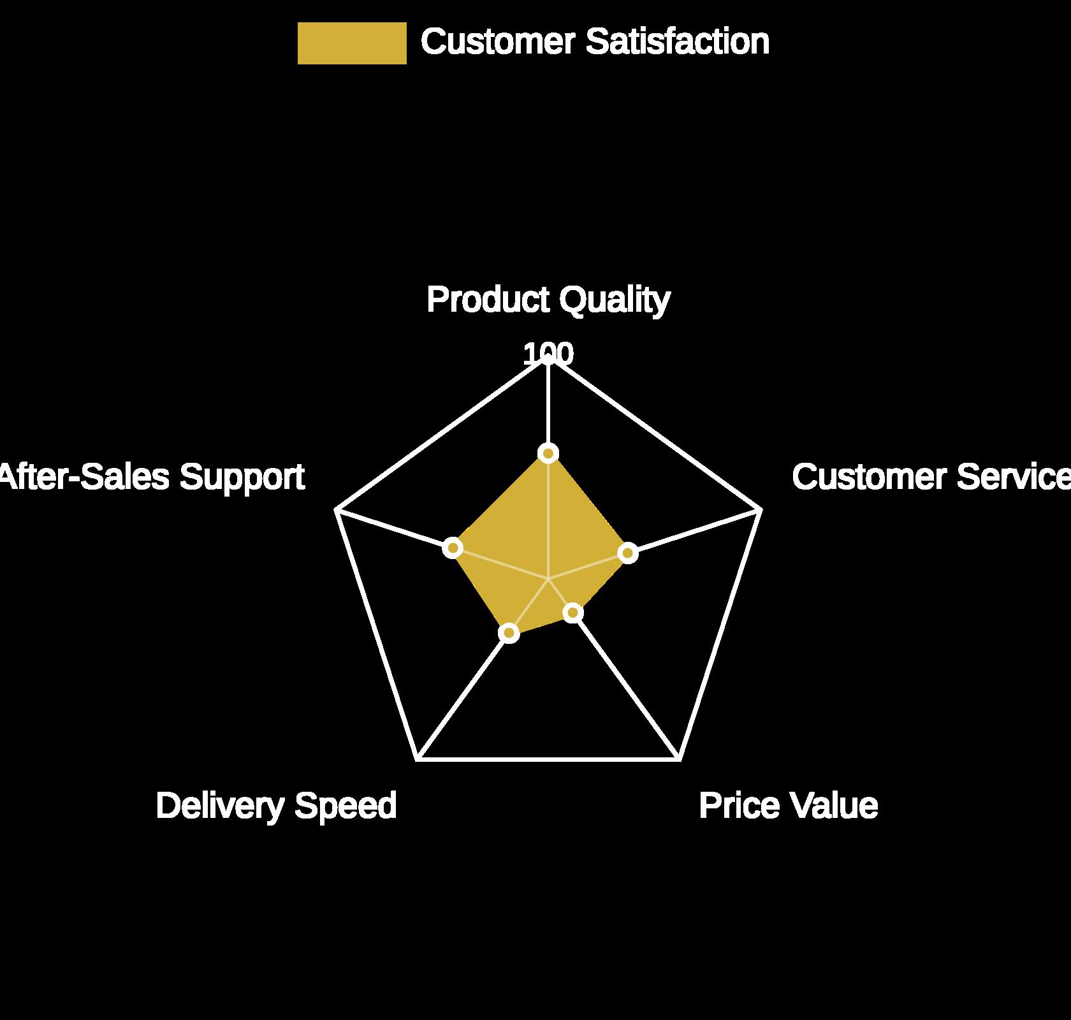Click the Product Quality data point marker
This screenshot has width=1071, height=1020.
click(x=548, y=453)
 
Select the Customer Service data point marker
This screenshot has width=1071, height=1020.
click(x=628, y=553)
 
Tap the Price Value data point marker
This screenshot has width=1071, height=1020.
click(x=573, y=613)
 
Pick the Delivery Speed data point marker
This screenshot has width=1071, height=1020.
click(x=509, y=632)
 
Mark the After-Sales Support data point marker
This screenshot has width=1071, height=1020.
click(x=453, y=548)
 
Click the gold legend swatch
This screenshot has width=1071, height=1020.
click(x=352, y=43)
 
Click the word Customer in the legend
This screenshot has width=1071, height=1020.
click(x=498, y=42)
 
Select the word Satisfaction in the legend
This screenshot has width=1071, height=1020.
click(x=677, y=42)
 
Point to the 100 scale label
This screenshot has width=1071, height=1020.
click(x=548, y=354)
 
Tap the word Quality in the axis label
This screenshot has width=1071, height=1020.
click(x=615, y=301)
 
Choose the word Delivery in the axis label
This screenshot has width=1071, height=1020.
click(x=220, y=806)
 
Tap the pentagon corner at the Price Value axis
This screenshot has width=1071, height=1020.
click(x=680, y=759)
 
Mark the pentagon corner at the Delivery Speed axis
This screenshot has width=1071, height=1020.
click(x=417, y=759)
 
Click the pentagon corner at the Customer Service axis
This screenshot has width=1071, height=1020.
click(x=761, y=510)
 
